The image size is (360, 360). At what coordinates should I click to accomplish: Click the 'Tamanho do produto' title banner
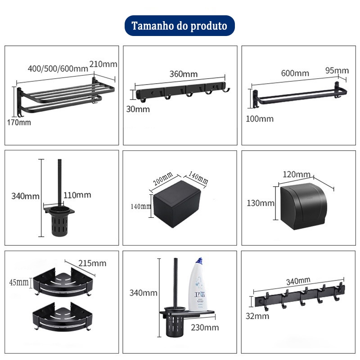click(180, 26)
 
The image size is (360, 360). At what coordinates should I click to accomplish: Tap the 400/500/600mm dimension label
click(58, 68)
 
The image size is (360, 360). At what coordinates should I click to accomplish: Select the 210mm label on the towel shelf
click(103, 64)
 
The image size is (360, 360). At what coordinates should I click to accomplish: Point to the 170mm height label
click(19, 122)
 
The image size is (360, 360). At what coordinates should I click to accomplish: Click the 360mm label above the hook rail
click(184, 74)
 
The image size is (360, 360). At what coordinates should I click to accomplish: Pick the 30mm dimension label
click(138, 109)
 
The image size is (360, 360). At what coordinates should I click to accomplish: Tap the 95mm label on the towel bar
click(337, 71)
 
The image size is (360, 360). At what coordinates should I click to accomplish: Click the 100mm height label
click(260, 119)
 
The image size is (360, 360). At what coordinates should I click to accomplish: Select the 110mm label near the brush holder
click(77, 195)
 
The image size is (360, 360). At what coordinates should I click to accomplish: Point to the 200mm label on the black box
click(163, 179)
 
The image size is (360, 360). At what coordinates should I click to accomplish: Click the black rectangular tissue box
click(177, 204)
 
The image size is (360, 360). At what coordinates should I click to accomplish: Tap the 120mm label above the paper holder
click(297, 175)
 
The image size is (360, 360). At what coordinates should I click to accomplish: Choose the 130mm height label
click(261, 203)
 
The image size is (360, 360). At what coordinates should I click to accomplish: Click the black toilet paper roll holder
click(303, 206)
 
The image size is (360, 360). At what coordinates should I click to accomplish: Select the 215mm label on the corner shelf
click(92, 263)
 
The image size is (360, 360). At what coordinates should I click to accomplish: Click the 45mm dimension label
click(19, 283)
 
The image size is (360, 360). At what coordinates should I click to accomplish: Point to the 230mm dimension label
click(205, 328)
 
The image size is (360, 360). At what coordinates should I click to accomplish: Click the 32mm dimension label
click(257, 316)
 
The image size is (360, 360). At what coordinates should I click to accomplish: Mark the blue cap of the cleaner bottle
click(199, 261)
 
